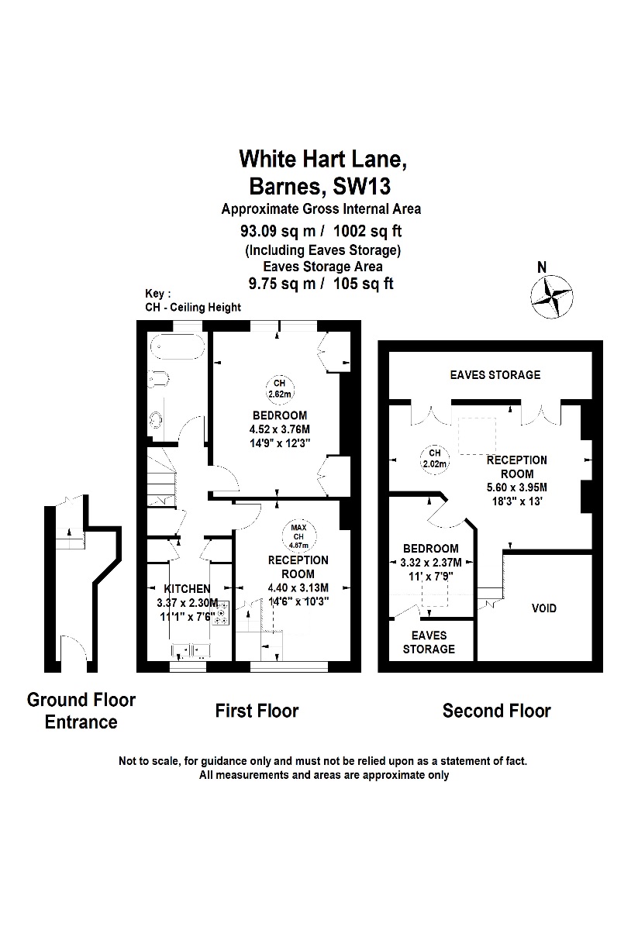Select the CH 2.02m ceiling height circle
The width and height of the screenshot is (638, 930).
(x=434, y=458)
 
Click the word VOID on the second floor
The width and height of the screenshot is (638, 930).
(x=543, y=608)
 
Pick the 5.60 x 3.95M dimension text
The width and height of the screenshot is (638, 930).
(x=516, y=487)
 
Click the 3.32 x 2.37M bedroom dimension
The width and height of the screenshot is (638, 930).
(x=431, y=563)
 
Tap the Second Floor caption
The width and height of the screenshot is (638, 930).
(x=496, y=711)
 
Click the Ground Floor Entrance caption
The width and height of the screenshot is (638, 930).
(x=81, y=711)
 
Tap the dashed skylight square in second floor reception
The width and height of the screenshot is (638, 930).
(x=476, y=436)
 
